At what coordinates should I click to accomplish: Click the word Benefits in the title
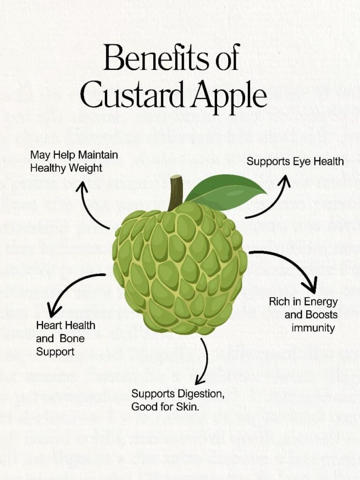tap(157, 58)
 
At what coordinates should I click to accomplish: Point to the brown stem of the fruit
tap(175, 192)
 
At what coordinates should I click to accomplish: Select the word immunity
tap(313, 328)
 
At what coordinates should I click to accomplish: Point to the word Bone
tap(72, 338)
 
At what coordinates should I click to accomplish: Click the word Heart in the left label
tap(49, 325)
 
